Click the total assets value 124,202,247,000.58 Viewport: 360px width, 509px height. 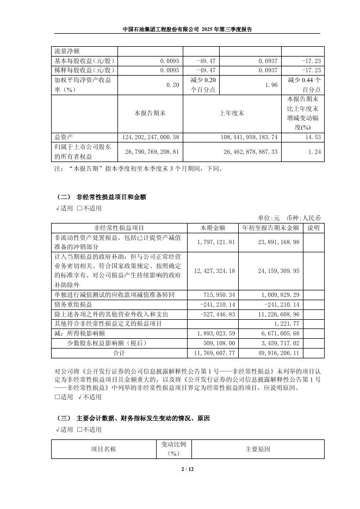click(148, 138)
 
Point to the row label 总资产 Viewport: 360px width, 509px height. click(64, 138)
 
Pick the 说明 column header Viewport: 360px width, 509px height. click(314, 227)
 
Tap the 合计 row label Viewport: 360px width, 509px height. click(119, 353)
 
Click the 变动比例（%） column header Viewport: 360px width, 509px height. click(174, 449)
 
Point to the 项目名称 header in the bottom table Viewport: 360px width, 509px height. click(103, 449)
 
